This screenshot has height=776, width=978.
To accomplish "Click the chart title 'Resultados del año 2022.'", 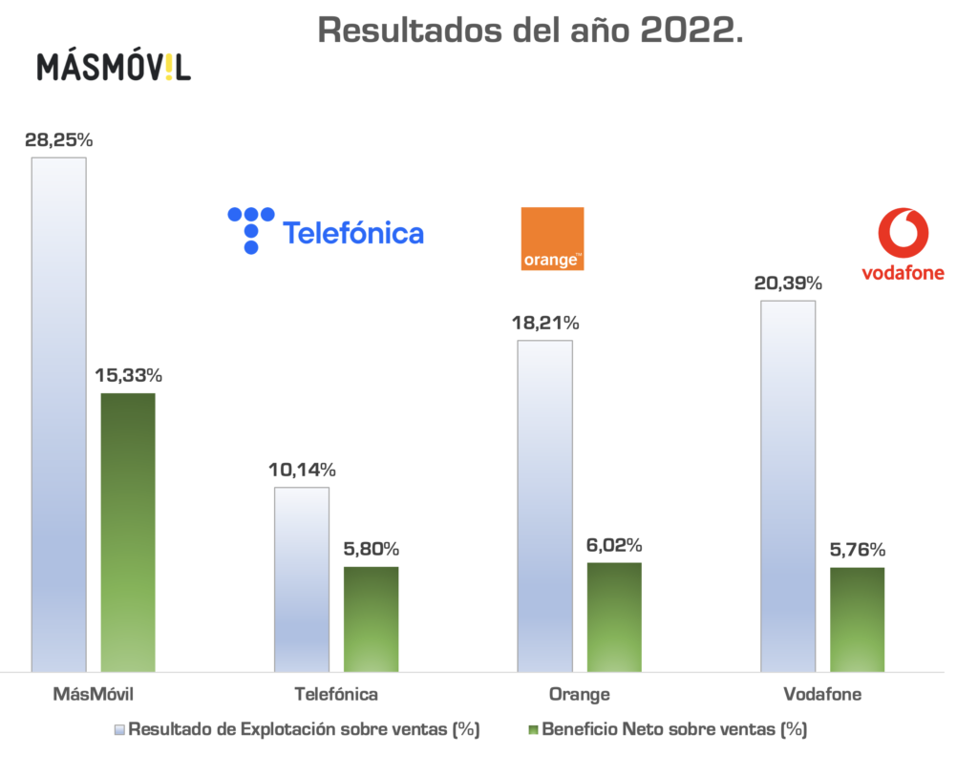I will click(530, 30).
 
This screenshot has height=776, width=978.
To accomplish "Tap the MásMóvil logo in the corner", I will click(114, 67).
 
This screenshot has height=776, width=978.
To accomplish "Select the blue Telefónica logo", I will click(326, 230).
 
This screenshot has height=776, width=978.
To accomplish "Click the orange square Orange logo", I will click(552, 239).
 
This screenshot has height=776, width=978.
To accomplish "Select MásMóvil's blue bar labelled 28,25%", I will click(59, 414).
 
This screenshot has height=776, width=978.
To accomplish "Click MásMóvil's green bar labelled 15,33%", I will click(128, 532).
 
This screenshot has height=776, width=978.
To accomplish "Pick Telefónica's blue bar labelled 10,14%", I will click(302, 579).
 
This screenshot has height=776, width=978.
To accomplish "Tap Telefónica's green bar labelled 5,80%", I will click(371, 619).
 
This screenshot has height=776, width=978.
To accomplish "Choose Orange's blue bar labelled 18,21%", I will click(544, 506).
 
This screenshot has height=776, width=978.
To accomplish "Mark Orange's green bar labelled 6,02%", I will click(614, 617).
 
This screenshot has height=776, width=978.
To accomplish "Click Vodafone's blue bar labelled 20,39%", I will click(788, 486).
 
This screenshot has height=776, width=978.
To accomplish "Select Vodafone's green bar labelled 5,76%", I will click(857, 619).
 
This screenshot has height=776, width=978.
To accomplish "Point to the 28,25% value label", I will click(59, 139).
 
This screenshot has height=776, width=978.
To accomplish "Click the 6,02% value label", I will click(614, 545).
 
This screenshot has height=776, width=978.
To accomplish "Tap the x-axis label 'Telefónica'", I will click(337, 694).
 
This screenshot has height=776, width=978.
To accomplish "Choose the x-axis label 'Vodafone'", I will click(822, 694).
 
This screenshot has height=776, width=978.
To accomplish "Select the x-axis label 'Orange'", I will click(579, 694).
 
